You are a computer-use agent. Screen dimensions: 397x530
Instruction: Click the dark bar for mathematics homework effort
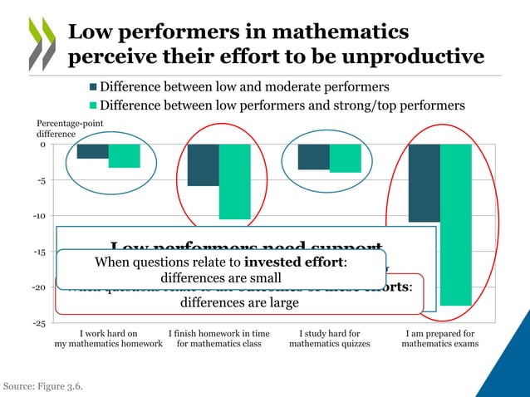[x=92, y=151]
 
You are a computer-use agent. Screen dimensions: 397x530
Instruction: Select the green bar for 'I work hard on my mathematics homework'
[x=124, y=156]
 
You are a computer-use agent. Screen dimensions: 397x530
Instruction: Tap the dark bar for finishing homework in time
[x=203, y=164]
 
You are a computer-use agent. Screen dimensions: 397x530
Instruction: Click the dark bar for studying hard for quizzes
[x=313, y=157]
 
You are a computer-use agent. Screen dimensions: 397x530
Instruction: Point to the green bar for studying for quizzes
[x=345, y=159]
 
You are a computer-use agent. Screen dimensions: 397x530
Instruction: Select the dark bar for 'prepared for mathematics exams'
[x=424, y=183]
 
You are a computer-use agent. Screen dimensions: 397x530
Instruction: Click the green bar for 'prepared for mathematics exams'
[x=455, y=224]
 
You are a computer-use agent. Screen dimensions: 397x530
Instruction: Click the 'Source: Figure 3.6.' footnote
[x=43, y=386]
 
